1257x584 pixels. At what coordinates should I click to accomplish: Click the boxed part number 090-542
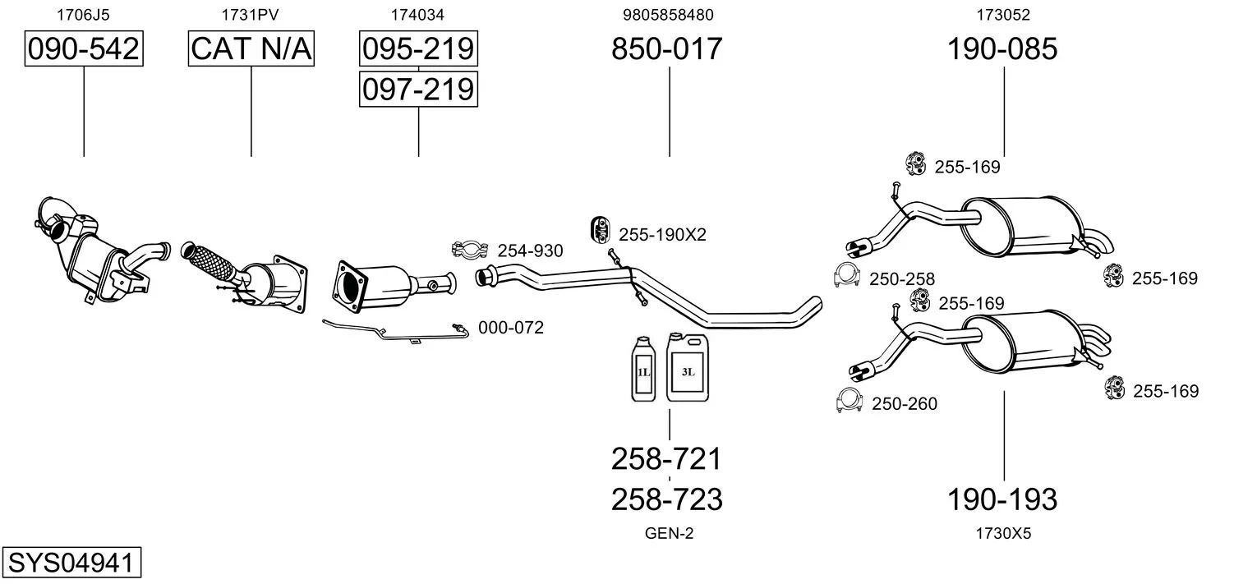(83, 49)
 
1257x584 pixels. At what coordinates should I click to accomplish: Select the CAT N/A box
(251, 49)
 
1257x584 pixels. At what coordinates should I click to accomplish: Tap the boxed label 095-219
(418, 49)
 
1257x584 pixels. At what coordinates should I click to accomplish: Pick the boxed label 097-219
(418, 89)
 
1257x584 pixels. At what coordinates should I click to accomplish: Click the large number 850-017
(666, 49)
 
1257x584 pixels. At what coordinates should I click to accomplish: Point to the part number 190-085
(1002, 49)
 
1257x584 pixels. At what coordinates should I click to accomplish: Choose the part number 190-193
(1002, 499)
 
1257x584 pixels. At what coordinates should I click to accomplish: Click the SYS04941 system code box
(71, 563)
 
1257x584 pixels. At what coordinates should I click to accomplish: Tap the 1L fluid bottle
(643, 370)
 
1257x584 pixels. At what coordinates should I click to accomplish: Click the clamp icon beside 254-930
(470, 249)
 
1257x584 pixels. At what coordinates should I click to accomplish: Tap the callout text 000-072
(510, 328)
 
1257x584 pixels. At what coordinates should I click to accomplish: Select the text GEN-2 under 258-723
(669, 534)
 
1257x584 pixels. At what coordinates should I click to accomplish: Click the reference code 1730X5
(1002, 534)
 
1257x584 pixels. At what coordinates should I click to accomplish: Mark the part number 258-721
(666, 458)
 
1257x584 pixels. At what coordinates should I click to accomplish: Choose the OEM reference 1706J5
(83, 15)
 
